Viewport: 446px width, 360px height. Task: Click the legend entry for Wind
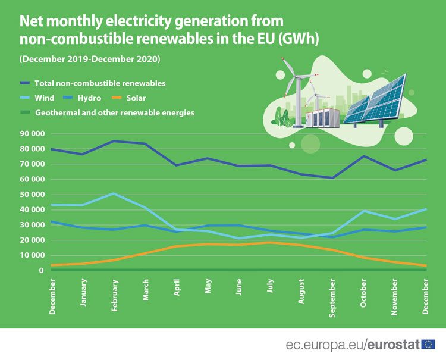(45, 98)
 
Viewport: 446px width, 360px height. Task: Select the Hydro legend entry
(89, 98)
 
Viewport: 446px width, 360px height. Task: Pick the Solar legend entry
(136, 98)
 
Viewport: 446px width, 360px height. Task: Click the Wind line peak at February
(114, 193)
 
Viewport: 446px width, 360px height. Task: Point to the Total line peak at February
(114, 141)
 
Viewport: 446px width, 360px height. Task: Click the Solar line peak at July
(271, 242)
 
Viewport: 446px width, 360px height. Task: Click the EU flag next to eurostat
(428, 344)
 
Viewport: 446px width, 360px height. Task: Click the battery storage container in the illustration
(322, 118)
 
